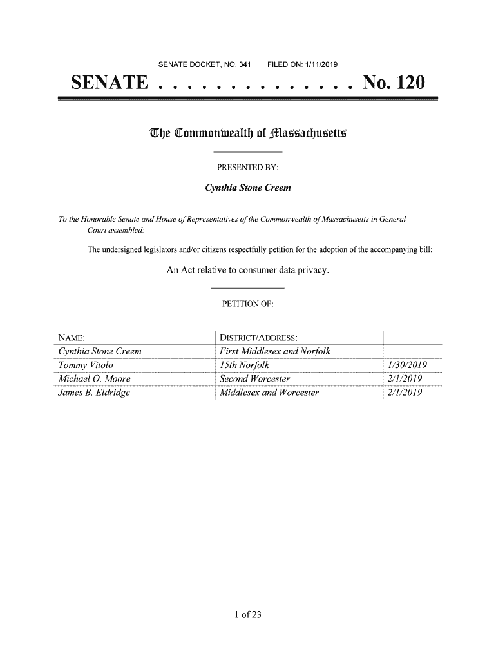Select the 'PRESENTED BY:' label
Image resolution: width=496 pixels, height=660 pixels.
pyautogui.click(x=248, y=168)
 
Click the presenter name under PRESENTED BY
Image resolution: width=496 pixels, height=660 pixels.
pyautogui.click(x=248, y=188)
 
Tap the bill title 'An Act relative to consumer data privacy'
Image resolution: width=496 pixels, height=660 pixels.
pyautogui.click(x=248, y=271)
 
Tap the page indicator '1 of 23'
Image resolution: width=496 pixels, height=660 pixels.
pyautogui.click(x=248, y=614)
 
